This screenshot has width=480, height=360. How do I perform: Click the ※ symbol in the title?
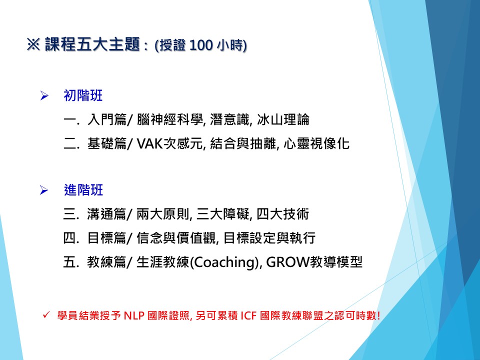[33, 44]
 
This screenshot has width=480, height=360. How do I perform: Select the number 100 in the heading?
[201, 45]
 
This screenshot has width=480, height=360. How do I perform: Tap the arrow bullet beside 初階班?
[44, 96]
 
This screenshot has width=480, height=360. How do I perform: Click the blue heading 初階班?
[83, 95]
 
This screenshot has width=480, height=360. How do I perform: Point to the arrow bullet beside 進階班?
[44, 190]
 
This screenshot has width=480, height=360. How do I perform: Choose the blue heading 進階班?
[83, 190]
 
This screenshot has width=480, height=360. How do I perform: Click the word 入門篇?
[106, 119]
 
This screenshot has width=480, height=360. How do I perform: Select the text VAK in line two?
[149, 143]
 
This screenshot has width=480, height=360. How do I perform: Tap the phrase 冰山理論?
[283, 119]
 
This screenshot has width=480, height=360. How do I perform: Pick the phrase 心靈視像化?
[316, 143]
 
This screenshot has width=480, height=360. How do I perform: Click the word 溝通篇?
[106, 214]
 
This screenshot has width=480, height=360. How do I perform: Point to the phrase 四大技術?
[283, 214]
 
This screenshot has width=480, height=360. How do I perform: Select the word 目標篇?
[106, 238]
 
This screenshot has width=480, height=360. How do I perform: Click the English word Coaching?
[224, 262]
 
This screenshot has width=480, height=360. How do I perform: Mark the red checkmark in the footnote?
[46, 314]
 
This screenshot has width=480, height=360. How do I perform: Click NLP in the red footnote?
[134, 315]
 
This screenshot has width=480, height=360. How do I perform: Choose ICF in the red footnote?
[248, 315]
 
